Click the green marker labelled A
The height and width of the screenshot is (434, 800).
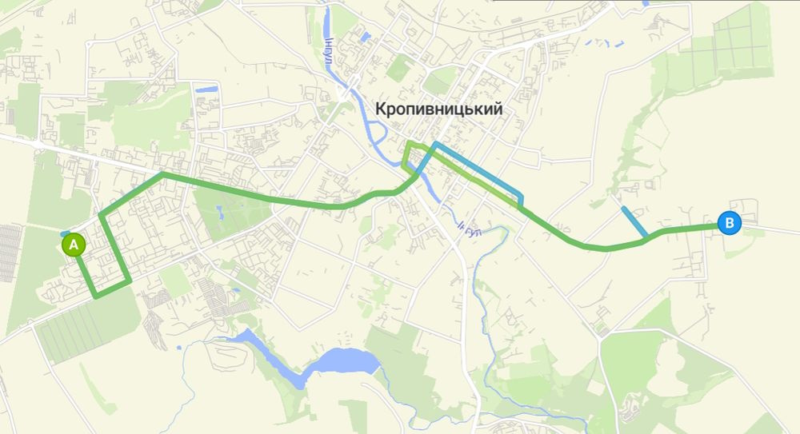point(73,245)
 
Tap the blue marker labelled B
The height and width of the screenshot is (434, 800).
point(729,223)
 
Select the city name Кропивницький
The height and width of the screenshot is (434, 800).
point(439,109)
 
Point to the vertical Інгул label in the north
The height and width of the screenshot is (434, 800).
point(328,51)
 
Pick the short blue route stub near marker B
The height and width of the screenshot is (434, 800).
point(634,221)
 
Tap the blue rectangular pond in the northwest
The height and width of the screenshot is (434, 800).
point(206,88)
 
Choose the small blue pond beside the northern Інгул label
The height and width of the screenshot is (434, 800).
point(365,37)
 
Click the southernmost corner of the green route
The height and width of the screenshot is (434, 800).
point(96,297)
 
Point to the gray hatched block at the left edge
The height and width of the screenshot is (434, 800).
point(10,253)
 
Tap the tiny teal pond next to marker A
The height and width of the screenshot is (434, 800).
point(64,233)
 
